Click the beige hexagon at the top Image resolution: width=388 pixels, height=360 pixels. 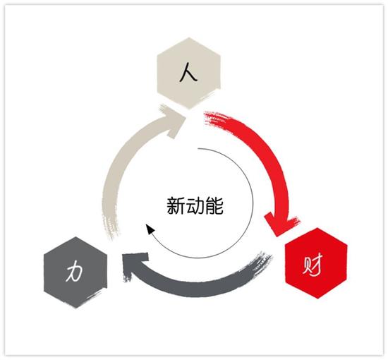pos(189,73)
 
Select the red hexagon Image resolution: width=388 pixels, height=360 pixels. pos(316,263)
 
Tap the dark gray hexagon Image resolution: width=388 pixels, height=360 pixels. pos(75,272)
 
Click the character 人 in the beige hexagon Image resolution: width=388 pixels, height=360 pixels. pos(188,72)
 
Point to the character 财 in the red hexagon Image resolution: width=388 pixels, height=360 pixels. pos(313,265)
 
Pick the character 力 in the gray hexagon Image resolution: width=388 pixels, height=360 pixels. pos(75,272)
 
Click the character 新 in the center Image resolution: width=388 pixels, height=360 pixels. pos(176,205)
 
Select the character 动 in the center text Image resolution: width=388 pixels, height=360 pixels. pos(195,205)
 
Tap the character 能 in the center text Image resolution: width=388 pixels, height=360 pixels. pos(214,205)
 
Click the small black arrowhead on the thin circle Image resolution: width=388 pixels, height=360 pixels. pos(150,229)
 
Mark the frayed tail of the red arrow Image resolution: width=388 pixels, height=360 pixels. pos(213,119)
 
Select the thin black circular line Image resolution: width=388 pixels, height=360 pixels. pos(253,203)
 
